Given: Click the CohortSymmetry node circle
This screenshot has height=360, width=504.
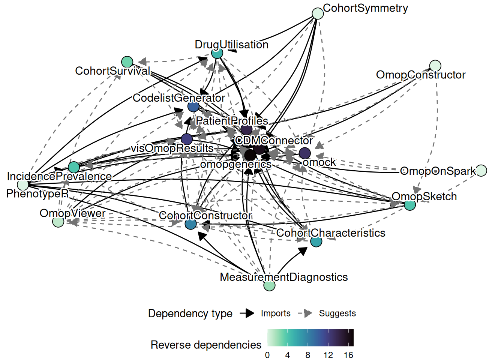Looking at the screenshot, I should (318, 13).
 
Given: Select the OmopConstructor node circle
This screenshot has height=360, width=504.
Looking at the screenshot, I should (435, 66).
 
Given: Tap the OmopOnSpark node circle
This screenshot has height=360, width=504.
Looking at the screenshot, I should (481, 170).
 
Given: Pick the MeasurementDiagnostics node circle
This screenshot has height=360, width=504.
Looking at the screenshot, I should (269, 285).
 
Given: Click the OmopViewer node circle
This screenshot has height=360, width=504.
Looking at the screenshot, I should (58, 222).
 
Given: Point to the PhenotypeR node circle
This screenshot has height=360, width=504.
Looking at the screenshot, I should (23, 184).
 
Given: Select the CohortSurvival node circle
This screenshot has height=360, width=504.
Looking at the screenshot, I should (127, 61).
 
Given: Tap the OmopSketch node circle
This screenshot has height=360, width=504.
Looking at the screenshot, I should (410, 205).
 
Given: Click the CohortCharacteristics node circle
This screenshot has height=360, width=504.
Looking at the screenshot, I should (316, 241).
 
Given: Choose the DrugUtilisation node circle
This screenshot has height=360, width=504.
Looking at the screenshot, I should (217, 53).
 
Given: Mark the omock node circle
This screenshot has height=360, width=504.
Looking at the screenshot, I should (304, 153).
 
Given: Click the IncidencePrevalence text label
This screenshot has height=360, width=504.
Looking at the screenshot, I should (59, 176).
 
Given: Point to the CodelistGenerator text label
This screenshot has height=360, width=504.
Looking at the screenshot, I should (178, 98).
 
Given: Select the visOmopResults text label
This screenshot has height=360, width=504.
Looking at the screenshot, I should (172, 148).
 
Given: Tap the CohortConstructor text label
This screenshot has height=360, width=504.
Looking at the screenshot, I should (205, 216).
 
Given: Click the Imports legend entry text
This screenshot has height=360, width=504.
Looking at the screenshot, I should (276, 313).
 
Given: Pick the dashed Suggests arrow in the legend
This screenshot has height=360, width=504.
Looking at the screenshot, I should (305, 313).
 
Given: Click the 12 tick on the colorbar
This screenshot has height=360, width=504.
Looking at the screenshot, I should (328, 355).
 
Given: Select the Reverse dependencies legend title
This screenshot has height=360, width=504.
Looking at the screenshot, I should (206, 345).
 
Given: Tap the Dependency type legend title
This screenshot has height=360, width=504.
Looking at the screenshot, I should (190, 313).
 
